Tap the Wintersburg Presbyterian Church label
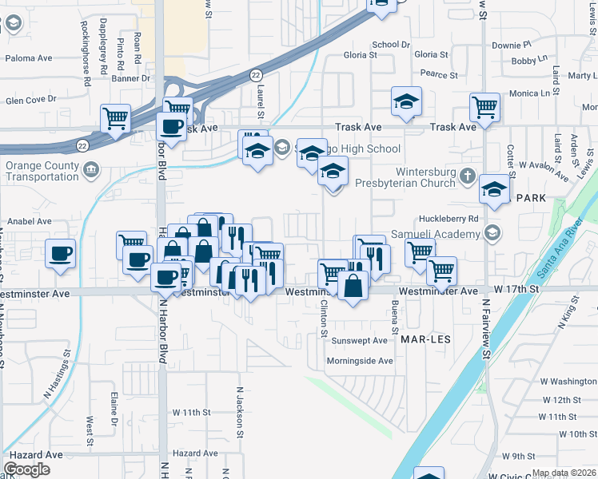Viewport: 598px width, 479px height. (x=425, y=176)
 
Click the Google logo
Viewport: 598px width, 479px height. (x=26, y=469)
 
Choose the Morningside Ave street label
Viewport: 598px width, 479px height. (x=360, y=361)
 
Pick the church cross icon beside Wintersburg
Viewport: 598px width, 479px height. (x=472, y=172)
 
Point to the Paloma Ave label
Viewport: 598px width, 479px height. (x=28, y=58)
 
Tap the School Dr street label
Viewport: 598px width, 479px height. (x=391, y=45)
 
